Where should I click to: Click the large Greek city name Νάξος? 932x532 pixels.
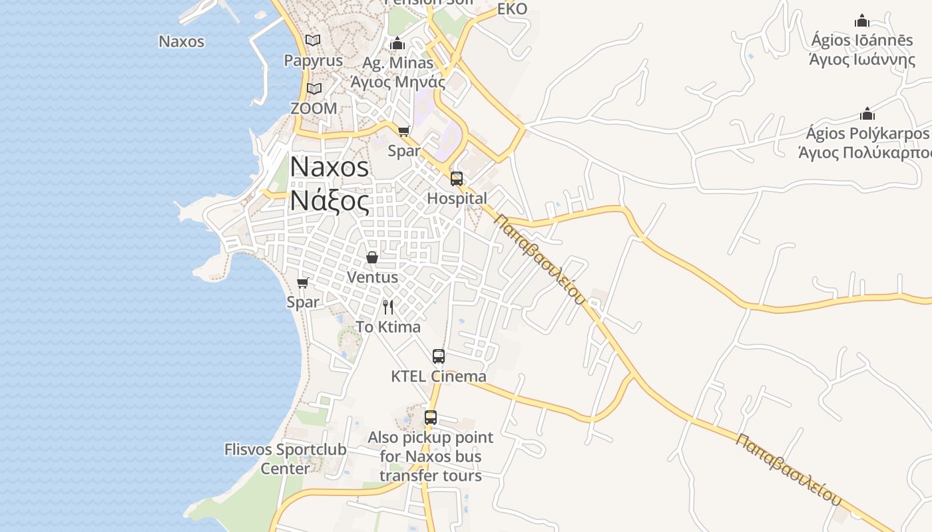(330, 200)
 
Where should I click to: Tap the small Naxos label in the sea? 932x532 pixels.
(181, 41)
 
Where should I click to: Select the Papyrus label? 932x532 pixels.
(313, 61)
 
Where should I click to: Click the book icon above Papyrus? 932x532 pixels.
(313, 41)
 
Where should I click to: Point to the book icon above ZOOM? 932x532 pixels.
(314, 88)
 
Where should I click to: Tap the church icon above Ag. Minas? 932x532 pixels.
(398, 44)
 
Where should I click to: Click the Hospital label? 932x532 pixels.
(457, 198)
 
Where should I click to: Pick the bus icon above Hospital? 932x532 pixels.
(457, 178)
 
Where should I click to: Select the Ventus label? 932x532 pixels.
(373, 277)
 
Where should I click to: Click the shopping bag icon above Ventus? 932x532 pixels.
(372, 257)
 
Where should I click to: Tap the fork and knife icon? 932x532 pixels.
(388, 307)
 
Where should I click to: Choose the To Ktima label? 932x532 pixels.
(388, 327)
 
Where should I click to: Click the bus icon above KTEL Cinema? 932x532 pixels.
(438, 356)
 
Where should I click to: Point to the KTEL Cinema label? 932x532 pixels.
(438, 376)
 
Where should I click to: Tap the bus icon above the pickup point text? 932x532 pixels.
(431, 418)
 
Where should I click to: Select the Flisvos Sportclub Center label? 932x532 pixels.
(285, 459)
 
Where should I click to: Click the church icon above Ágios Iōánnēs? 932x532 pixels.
(862, 21)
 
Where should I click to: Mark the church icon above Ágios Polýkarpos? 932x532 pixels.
(867, 114)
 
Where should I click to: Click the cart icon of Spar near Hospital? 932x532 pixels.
(404, 131)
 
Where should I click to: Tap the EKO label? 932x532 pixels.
(512, 9)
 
